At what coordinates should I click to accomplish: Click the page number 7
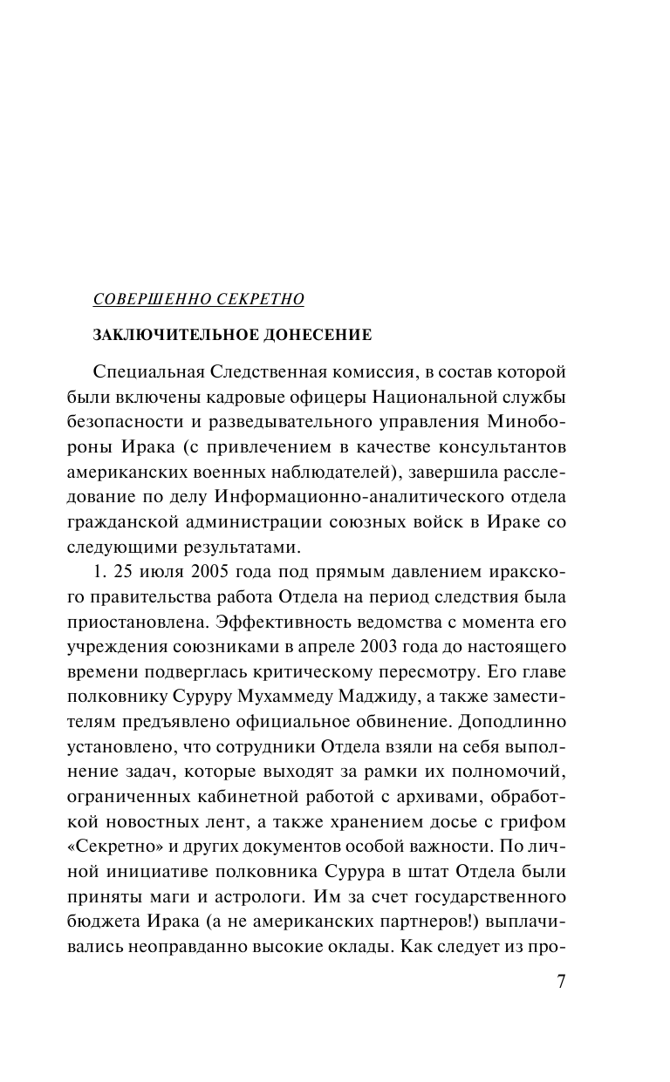pos(562,981)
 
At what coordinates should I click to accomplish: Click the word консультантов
pos(509,446)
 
